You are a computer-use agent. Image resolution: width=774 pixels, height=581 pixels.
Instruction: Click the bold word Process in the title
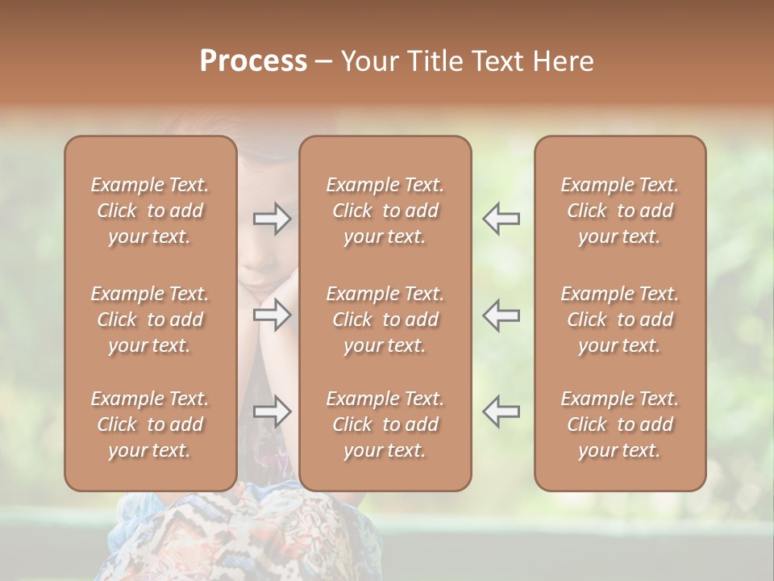pos(253,61)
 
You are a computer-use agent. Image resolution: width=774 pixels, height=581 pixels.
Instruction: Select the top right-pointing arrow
pos(272,219)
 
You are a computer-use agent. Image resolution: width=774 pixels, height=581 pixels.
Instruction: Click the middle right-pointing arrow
pos(272,315)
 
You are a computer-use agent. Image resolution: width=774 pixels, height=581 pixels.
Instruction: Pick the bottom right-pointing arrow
pos(272,412)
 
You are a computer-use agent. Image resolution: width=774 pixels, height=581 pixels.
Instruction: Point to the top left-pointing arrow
pos(501,219)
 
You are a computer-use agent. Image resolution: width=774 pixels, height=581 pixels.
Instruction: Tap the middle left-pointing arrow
pos(501,315)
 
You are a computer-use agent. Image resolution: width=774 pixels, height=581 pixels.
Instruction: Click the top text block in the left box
pos(150,211)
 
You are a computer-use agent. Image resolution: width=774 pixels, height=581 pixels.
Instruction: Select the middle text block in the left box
pos(150,320)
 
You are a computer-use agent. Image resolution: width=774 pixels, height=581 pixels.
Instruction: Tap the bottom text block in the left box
pos(150,424)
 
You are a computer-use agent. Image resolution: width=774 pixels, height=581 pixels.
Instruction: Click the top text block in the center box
pos(385,211)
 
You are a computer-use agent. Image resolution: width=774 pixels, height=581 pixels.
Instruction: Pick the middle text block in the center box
pos(385,320)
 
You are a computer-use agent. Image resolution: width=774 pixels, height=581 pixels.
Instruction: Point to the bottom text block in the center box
pos(385,424)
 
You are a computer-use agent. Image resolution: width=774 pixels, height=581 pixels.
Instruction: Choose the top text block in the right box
pos(620,211)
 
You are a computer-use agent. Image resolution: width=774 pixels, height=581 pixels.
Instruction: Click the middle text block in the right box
pos(620,320)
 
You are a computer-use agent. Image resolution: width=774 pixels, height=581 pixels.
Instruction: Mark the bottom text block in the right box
pos(620,424)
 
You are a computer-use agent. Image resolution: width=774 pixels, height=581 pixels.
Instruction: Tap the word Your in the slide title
pos(367,61)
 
